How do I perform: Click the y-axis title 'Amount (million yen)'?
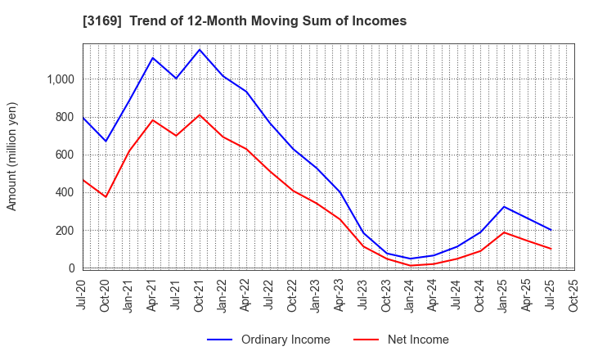coord(12,156)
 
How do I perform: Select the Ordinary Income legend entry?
coord(269,340)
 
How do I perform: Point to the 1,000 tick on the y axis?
coord(61,79)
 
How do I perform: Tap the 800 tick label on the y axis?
coord(65,117)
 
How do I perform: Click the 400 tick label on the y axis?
coord(65,192)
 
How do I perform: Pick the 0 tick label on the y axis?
coord(71,268)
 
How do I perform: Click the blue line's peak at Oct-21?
coord(200,50)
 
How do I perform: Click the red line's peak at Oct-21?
coord(200,115)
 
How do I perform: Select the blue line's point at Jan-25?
coord(504,206)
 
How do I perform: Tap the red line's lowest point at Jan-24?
coord(411,265)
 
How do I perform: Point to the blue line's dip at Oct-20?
coord(106,142)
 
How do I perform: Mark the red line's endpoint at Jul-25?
coord(551,249)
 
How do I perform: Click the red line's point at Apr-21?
coord(153,120)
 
